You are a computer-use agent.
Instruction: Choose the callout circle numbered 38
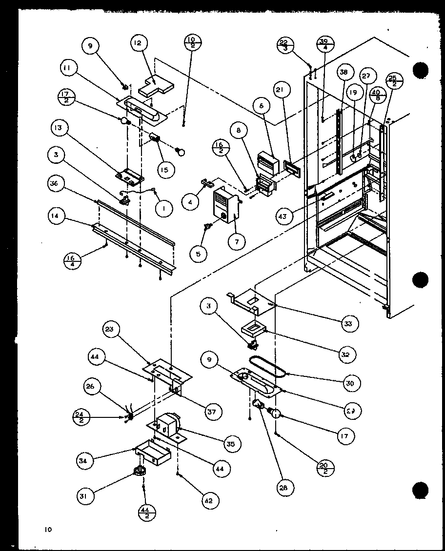344,73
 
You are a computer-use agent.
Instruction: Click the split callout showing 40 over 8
375,95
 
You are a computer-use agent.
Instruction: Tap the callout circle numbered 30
351,383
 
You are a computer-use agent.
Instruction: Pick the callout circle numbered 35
230,444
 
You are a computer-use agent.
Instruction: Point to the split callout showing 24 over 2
81,417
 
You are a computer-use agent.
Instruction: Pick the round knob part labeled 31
140,471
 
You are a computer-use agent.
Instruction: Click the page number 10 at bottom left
47,530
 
